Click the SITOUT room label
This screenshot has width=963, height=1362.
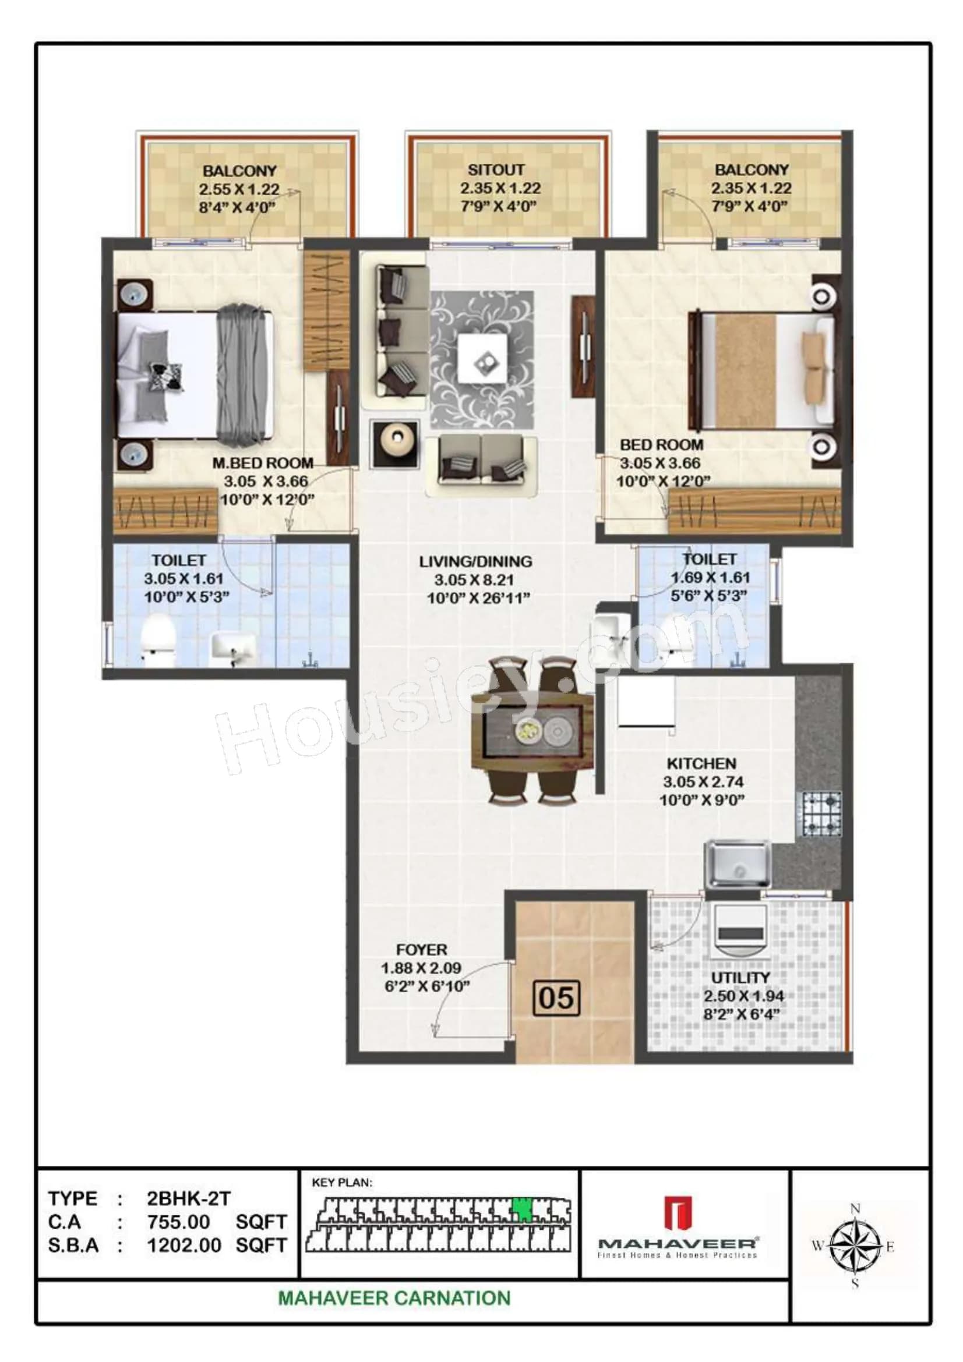[x=495, y=170]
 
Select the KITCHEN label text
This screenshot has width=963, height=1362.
[x=701, y=763]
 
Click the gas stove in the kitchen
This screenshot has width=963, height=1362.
[x=822, y=814]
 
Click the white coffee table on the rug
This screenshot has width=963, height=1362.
[x=482, y=358]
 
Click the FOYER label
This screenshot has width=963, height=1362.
[x=422, y=949]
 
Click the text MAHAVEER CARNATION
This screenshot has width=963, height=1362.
[x=394, y=1298]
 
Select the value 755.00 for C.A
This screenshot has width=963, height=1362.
[x=179, y=1222]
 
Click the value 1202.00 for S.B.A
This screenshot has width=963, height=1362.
[x=184, y=1245]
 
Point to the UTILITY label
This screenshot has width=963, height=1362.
[x=740, y=978]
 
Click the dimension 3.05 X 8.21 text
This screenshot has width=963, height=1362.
[x=474, y=579]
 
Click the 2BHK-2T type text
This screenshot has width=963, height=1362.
[x=188, y=1198]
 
